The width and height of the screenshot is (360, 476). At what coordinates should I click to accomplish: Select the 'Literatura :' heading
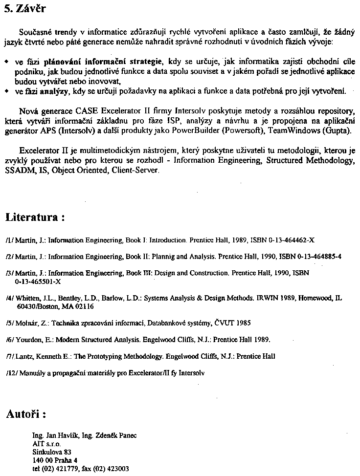[x=35, y=217]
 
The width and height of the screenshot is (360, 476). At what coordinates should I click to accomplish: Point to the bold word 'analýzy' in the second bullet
[x=57, y=91]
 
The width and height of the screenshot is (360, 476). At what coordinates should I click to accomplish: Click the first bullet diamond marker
[x=6, y=62]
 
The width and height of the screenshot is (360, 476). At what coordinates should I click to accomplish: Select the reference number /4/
[x=10, y=298]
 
